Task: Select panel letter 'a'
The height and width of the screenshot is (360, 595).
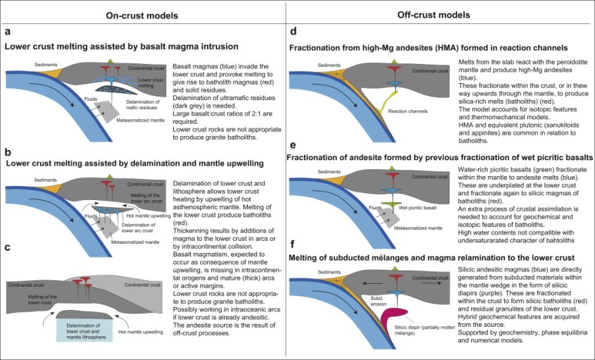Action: click(x=7, y=33)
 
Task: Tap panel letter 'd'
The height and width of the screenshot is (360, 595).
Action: click(x=293, y=33)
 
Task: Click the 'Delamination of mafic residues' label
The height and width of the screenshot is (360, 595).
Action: click(x=130, y=108)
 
